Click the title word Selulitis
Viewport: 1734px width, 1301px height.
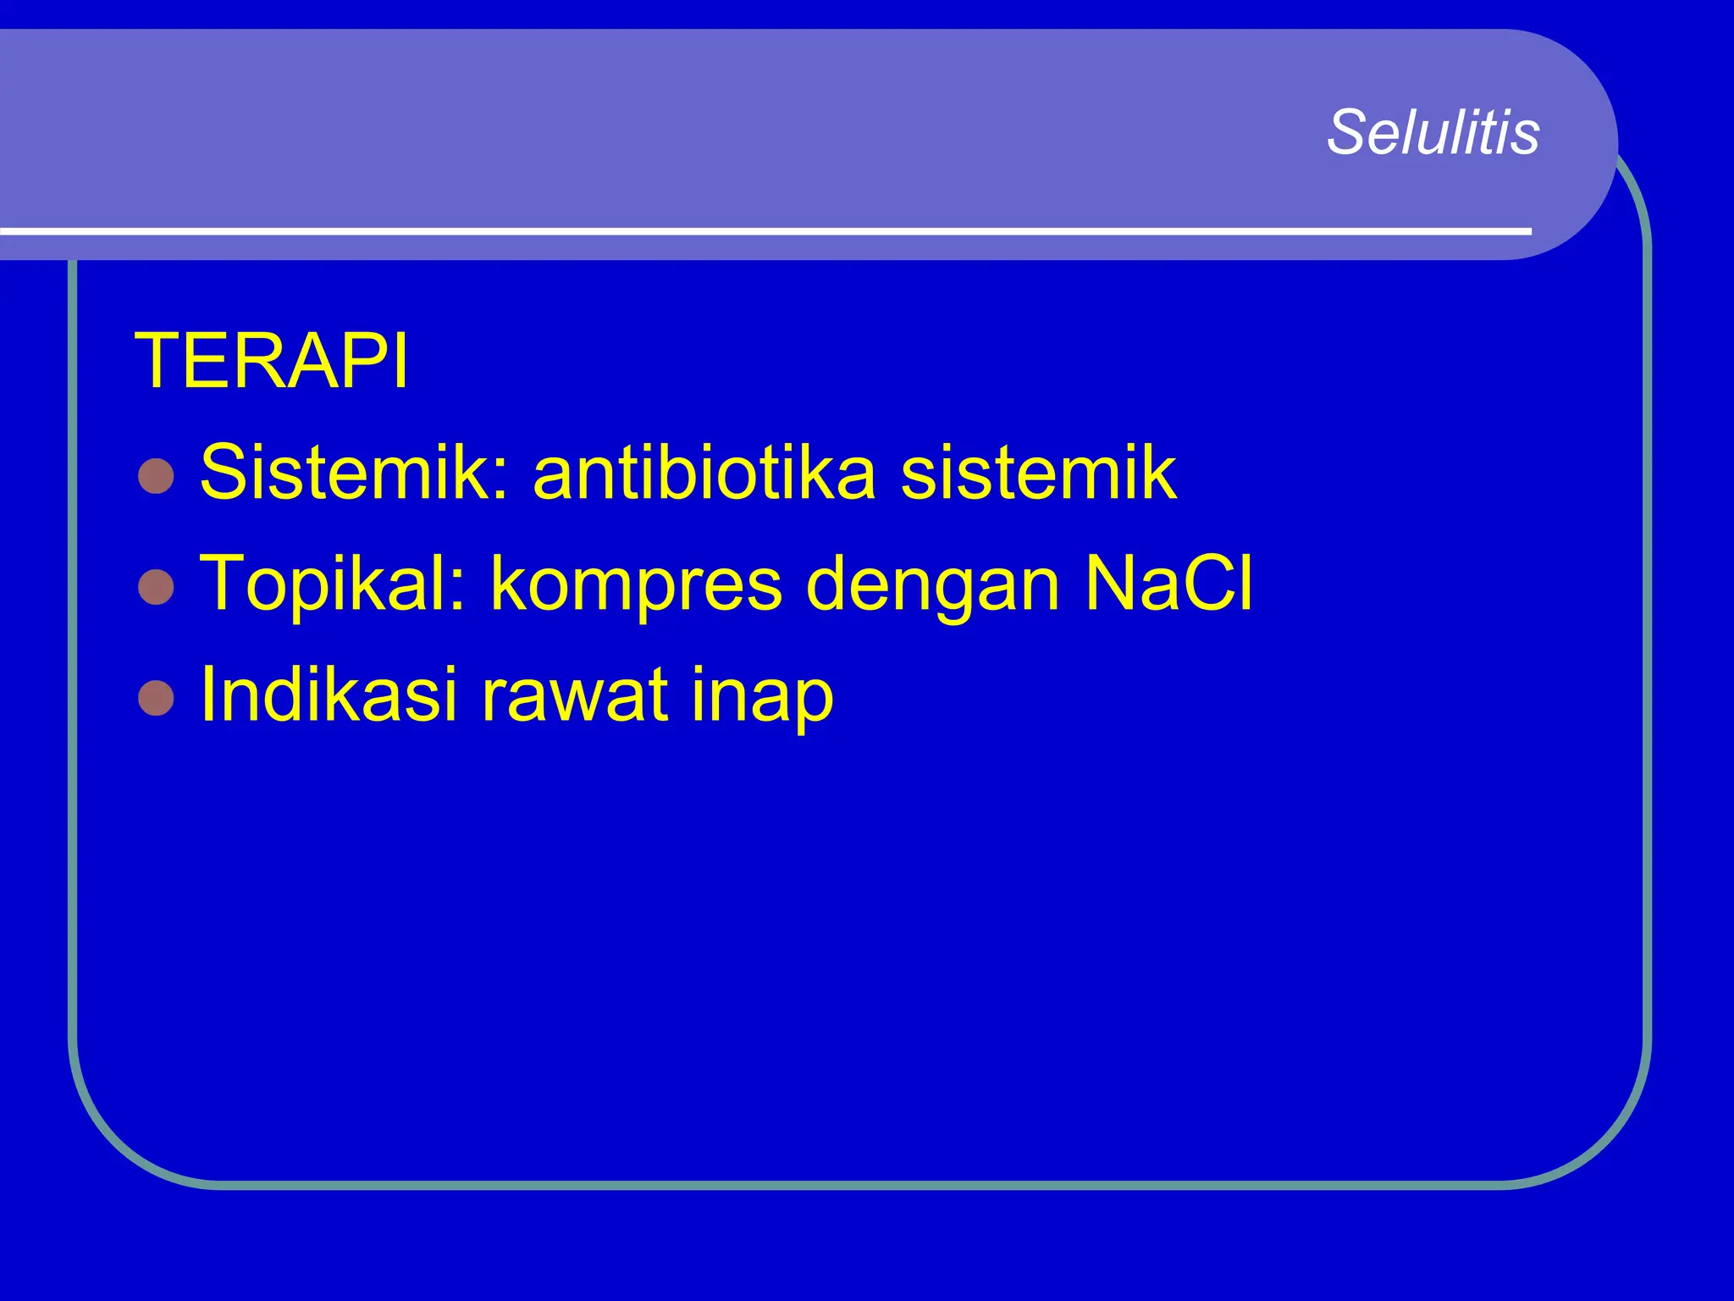(x=1433, y=133)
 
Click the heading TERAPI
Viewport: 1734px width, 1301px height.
(x=272, y=362)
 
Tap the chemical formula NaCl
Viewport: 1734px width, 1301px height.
(x=1168, y=583)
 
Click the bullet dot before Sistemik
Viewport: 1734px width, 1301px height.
(x=156, y=476)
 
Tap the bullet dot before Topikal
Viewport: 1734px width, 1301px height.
(x=156, y=587)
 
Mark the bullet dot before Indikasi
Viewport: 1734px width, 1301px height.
(x=156, y=699)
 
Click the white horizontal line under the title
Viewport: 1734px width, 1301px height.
(x=762, y=230)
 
